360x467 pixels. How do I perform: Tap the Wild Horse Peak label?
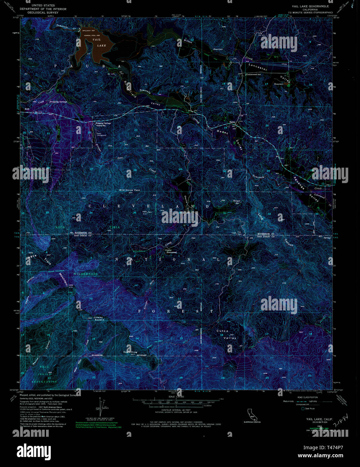pyautogui.click(x=129, y=190)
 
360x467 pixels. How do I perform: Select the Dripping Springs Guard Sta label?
pyautogui.click(x=103, y=124)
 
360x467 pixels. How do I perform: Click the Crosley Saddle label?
pyautogui.click(x=98, y=319)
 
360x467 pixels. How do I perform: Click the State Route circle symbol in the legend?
pyautogui.click(x=303, y=409)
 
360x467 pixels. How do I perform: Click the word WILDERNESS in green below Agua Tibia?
pyautogui.click(x=86, y=274)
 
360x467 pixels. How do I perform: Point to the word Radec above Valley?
pyautogui.click(x=223, y=132)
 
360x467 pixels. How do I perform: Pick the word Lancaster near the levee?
pyautogui.click(x=258, y=66)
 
